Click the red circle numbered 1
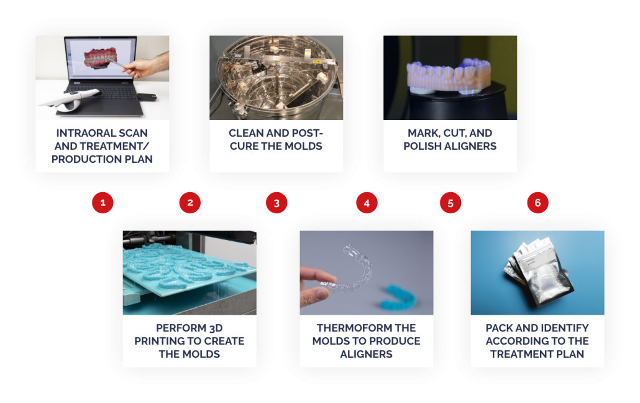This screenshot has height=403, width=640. coord(103,202)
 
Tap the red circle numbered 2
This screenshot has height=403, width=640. coord(190,202)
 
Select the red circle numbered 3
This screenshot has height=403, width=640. coord(277,202)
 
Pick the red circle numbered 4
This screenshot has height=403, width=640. coord(367,202)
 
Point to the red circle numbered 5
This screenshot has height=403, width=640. coord(450,202)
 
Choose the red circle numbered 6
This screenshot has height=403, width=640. coord(538,202)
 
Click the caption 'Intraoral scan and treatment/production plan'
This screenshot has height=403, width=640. coord(102,146)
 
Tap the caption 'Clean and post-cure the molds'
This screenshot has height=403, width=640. coord(276,140)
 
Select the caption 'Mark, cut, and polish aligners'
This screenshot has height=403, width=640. coord(450,140)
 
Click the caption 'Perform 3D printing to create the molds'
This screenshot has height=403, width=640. coord(190,341)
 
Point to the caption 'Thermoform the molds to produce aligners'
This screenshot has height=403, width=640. coord(366,341)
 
